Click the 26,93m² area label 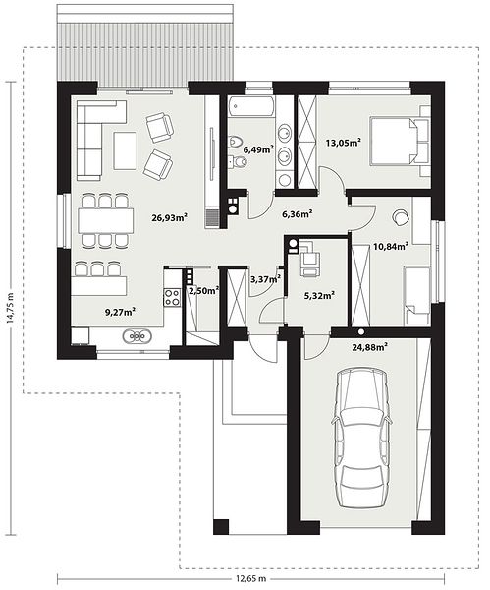point(170,217)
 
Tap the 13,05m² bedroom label point(344,143)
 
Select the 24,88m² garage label point(370,347)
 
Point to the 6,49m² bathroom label point(258,149)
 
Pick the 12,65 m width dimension point(251,578)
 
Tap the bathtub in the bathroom point(251,106)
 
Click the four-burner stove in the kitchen point(172,297)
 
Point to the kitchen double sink point(137,335)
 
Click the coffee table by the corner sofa point(125,150)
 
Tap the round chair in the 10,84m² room point(401,217)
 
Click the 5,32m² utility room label point(319,296)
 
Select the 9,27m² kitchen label point(120,312)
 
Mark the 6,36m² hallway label point(298,214)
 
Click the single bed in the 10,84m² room point(416,296)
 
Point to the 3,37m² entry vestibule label point(266,279)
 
